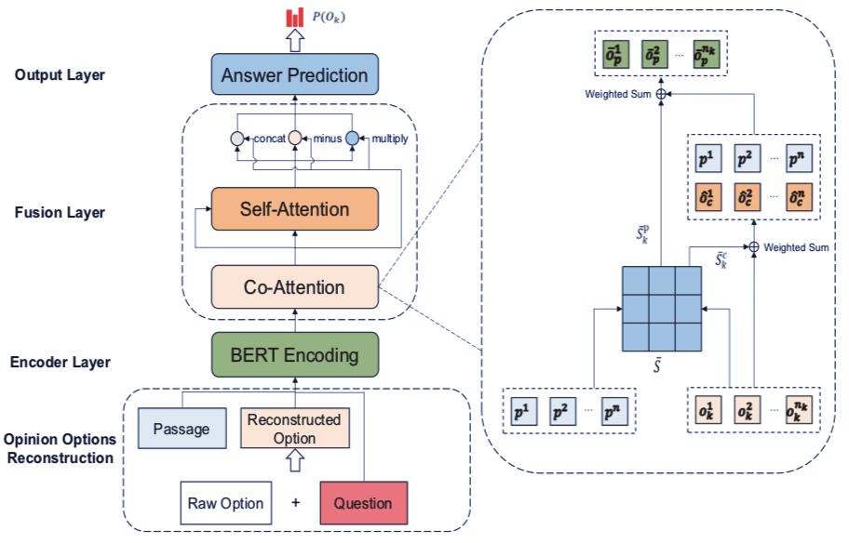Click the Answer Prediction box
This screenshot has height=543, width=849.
[x=294, y=74]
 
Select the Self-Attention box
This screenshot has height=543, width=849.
[x=294, y=209]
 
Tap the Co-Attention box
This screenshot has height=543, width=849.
[x=294, y=286]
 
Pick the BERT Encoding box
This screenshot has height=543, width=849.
[x=294, y=355]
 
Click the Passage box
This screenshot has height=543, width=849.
[x=182, y=429]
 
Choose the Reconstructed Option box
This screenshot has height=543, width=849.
[x=294, y=429]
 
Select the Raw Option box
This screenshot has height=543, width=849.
[x=226, y=503]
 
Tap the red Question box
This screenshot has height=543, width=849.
[x=363, y=503]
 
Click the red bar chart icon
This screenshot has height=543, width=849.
[x=294, y=18]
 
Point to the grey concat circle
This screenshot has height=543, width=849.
[x=237, y=139]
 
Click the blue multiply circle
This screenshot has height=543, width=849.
[x=352, y=139]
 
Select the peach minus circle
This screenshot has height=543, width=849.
[x=294, y=138]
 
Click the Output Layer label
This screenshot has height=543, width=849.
[x=60, y=74]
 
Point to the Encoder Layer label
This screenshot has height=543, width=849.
[x=61, y=362]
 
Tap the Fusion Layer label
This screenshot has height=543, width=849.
[x=60, y=212]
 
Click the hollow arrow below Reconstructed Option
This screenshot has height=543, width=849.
[x=294, y=461]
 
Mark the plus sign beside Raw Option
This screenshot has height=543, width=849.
[x=296, y=502]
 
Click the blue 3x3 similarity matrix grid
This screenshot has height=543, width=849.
[x=662, y=309]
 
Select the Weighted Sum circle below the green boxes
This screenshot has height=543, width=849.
[x=661, y=94]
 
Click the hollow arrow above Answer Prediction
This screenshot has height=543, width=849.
[x=294, y=41]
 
